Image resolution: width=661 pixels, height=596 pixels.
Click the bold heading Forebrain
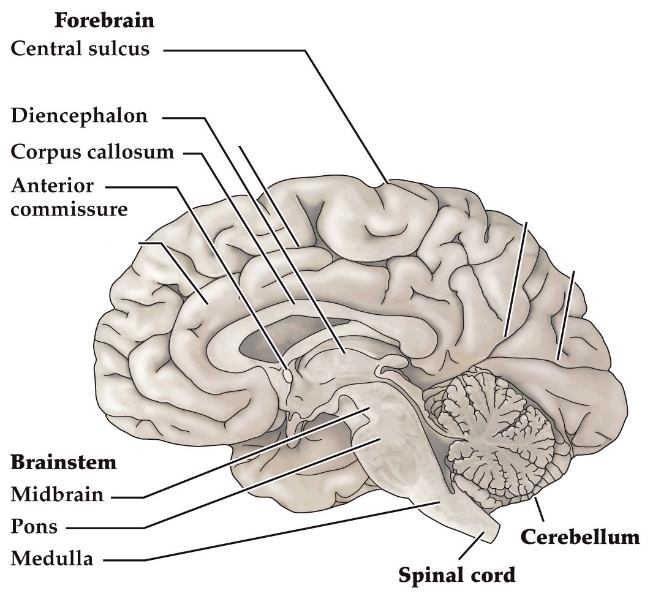click(104, 20)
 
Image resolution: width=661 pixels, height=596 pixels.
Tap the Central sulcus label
click(80, 48)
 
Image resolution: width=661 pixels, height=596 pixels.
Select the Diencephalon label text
click(80, 116)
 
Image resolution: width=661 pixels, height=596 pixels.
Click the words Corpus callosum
click(93, 151)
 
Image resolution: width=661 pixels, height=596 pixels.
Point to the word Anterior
click(53, 185)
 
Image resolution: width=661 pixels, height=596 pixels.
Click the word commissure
click(69, 209)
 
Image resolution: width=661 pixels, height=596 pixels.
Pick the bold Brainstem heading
click(64, 462)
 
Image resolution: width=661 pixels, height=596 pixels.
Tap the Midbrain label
click(58, 494)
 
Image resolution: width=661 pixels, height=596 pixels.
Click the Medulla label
click(52, 559)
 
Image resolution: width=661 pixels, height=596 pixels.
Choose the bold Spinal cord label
click(457, 575)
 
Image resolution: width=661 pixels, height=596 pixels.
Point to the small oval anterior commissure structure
click(286, 372)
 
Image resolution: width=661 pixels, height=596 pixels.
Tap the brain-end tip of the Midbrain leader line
click(369, 408)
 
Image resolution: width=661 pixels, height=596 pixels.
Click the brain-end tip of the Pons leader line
click(383, 439)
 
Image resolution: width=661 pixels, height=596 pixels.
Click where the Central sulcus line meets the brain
click(387, 182)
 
